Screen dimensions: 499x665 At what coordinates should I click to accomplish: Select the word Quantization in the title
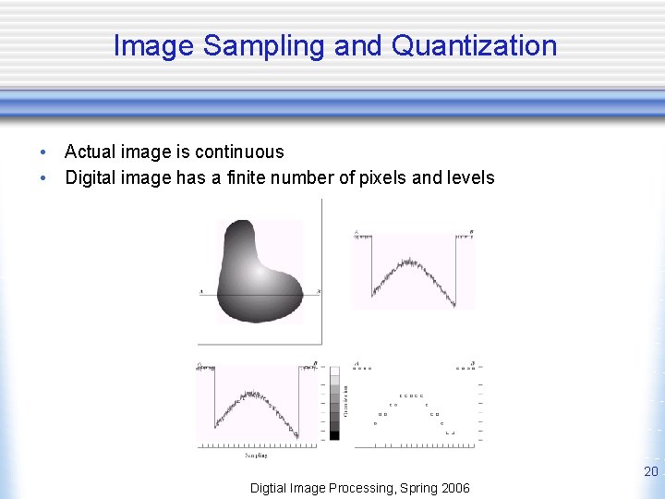click(475, 45)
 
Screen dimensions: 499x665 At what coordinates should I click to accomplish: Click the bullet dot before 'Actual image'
click(42, 152)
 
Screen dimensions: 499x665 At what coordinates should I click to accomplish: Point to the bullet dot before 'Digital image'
click(42, 178)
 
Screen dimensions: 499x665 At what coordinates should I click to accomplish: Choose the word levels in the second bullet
click(470, 177)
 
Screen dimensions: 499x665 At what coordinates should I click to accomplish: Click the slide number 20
click(650, 472)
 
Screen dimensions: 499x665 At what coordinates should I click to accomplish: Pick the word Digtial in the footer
click(272, 488)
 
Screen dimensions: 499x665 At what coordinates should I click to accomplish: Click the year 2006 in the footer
click(453, 488)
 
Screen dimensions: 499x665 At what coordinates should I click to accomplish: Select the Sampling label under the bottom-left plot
click(256, 455)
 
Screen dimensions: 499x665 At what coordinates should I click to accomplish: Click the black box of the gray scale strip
click(334, 434)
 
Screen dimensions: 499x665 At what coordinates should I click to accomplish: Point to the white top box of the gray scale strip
click(334, 371)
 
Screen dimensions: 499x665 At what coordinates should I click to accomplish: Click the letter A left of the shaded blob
click(201, 292)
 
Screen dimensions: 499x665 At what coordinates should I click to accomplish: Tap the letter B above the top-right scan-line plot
click(471, 231)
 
